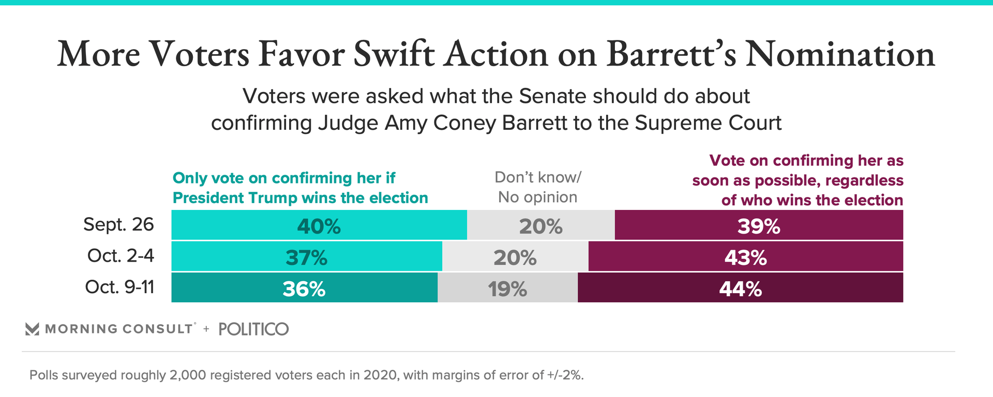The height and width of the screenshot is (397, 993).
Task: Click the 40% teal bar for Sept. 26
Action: click(319, 225)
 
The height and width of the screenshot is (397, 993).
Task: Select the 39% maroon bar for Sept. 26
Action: click(759, 225)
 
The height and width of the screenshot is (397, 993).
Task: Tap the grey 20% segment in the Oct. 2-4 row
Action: click(515, 256)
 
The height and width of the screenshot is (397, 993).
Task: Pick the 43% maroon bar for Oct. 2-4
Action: click(745, 256)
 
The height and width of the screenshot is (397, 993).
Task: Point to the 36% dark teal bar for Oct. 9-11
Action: click(304, 288)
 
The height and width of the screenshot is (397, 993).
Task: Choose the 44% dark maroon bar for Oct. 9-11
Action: click(740, 288)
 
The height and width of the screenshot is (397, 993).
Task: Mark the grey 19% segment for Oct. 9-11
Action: click(507, 288)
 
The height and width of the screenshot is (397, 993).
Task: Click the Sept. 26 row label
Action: click(118, 224)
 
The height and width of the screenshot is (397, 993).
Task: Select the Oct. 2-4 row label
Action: click(121, 255)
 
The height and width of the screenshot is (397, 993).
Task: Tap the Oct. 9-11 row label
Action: click(119, 287)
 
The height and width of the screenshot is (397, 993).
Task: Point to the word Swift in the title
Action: click(393, 54)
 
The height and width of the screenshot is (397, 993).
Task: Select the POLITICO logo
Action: click(253, 329)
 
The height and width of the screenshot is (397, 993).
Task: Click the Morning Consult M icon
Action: click(32, 329)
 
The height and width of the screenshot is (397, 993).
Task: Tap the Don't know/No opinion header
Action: click(538, 187)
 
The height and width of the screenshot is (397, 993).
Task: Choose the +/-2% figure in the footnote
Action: click(565, 375)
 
